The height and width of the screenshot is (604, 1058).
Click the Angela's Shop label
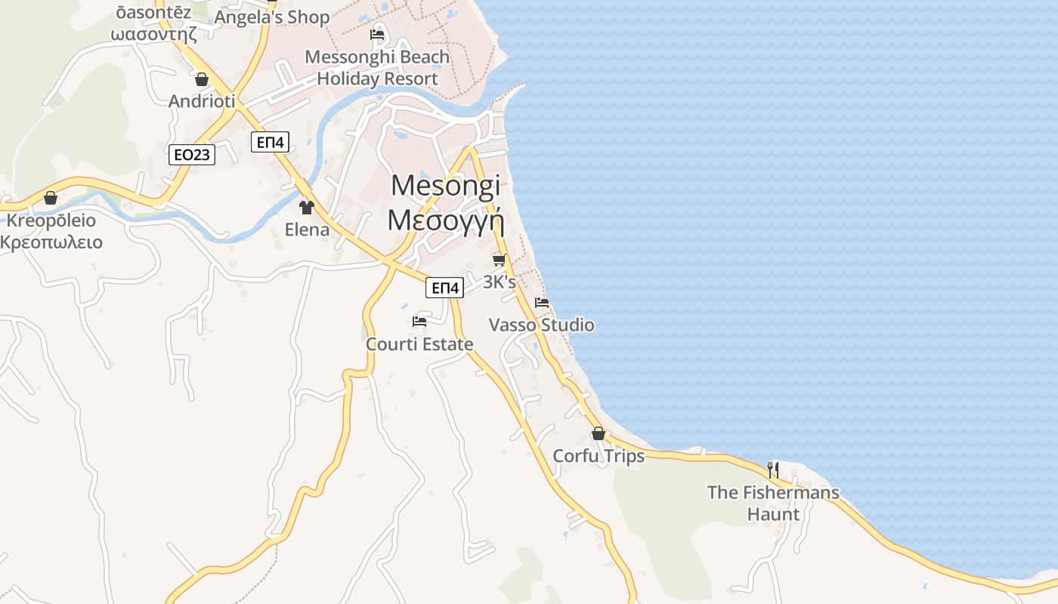[272, 17]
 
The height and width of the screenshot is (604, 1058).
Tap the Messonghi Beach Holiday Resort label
[377, 67]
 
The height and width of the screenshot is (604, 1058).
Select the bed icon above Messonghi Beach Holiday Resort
[377, 35]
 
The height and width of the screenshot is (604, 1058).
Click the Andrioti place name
[202, 101]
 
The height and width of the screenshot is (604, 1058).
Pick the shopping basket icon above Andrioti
[202, 79]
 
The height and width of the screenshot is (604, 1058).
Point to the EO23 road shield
[191, 155]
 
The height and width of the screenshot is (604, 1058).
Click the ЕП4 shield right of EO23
[271, 141]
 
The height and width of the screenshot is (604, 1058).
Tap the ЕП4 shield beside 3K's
[444, 287]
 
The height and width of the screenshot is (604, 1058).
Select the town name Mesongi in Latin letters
[446, 186]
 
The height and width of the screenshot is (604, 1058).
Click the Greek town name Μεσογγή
[445, 220]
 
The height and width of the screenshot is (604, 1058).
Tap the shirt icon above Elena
[307, 208]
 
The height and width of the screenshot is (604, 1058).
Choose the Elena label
[307, 230]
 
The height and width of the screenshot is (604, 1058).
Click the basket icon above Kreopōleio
[51, 199]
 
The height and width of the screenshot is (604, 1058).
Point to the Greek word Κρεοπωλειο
[51, 242]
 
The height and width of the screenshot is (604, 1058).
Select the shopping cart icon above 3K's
[499, 260]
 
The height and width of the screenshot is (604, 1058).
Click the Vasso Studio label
[541, 325]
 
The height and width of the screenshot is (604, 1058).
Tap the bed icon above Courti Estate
[419, 322]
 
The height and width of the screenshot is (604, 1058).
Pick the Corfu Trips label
[599, 456]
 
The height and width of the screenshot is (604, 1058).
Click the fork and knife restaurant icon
[773, 470]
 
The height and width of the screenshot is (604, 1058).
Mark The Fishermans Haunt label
[773, 503]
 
